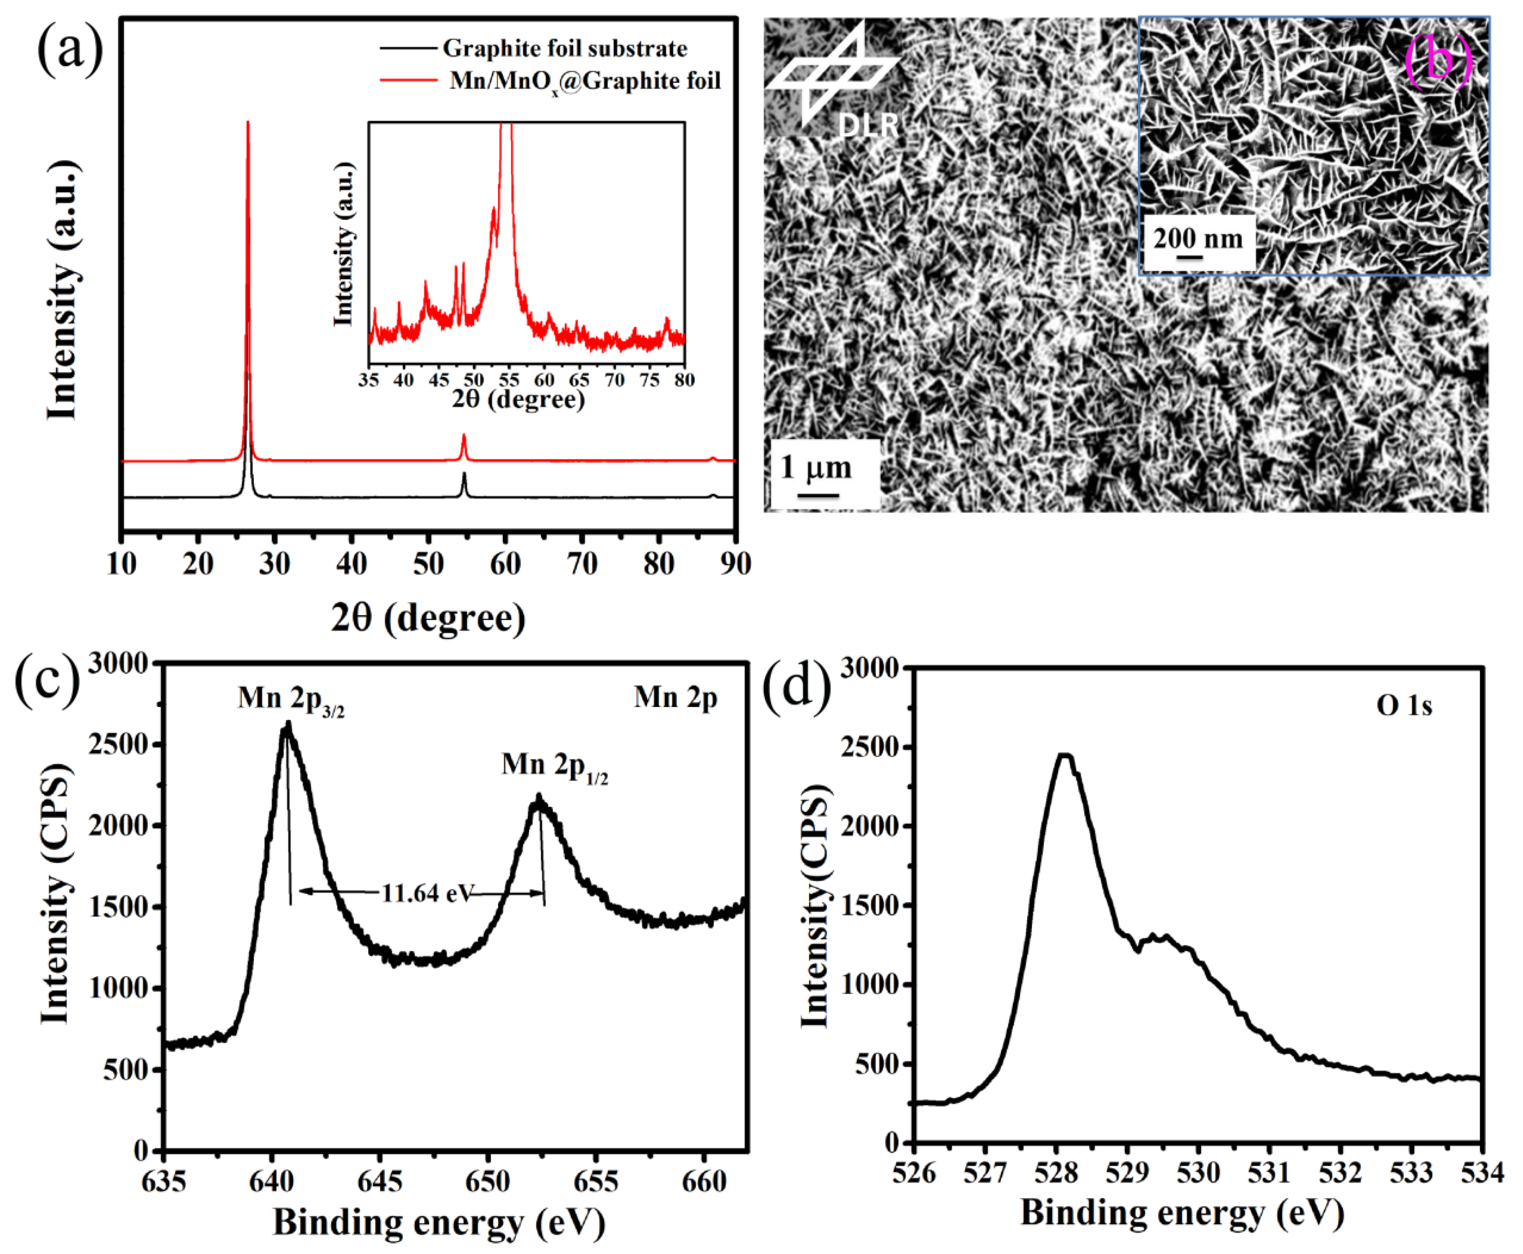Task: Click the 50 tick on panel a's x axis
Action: (x=428, y=564)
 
